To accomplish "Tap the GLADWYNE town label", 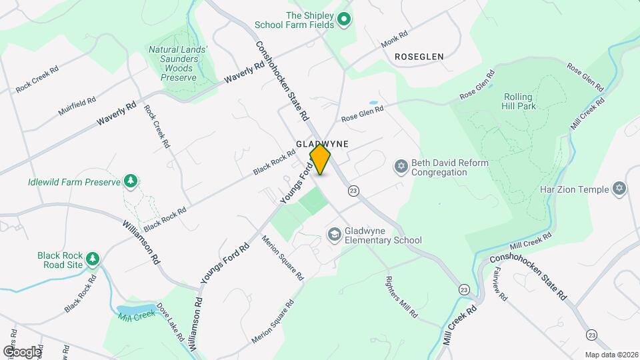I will pyautogui.click(x=323, y=143).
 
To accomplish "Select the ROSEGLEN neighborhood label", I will pyautogui.click(x=419, y=57).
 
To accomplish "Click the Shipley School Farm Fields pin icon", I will pyautogui.click(x=344, y=19).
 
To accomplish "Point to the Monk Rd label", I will pyautogui.click(x=394, y=40).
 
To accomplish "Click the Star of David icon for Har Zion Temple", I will pyautogui.click(x=620, y=189).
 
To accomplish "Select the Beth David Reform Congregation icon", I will pyautogui.click(x=401, y=167).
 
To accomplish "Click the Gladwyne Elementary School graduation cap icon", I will pyautogui.click(x=333, y=234).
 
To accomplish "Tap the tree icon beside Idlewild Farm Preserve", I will pyautogui.click(x=131, y=181).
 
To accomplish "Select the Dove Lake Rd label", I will pyautogui.click(x=170, y=323).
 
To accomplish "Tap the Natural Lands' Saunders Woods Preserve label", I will pyautogui.click(x=178, y=63).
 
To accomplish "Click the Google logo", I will pyautogui.click(x=21, y=351).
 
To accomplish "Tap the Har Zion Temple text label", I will pyautogui.click(x=574, y=189).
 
